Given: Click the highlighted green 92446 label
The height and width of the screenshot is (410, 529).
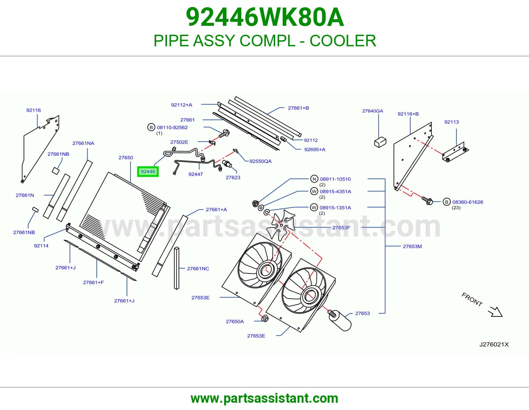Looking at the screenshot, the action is (148, 172).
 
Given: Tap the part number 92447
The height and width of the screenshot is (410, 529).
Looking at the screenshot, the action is (195, 174).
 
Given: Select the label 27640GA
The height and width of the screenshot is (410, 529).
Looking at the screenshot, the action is (373, 111).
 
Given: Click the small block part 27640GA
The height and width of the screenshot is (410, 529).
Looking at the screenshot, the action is (380, 142).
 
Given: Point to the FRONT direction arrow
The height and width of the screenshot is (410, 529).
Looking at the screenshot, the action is (495, 312).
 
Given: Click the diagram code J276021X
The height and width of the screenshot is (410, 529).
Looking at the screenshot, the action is (494, 345).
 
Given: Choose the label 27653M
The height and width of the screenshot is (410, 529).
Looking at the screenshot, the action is (412, 246).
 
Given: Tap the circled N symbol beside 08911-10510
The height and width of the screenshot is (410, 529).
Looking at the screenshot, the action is (314, 179).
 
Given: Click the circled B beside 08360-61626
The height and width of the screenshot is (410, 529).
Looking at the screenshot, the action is (446, 202).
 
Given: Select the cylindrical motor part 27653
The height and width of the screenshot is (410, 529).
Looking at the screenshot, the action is (340, 321).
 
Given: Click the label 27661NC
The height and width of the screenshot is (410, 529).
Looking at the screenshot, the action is (198, 268).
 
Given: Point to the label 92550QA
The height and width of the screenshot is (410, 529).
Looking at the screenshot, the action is (260, 161).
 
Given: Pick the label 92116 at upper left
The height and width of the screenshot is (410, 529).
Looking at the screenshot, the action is (34, 110).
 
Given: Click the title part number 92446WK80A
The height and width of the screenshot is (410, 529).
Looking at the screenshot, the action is (264, 17).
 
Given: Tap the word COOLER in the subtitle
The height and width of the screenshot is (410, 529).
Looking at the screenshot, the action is (343, 41).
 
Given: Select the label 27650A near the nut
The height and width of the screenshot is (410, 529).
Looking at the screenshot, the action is (235, 321).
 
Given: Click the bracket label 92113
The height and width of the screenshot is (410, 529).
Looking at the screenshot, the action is (451, 122).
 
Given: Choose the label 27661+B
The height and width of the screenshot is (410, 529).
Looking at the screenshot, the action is (298, 108).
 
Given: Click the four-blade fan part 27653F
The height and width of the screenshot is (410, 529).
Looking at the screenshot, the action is (280, 225).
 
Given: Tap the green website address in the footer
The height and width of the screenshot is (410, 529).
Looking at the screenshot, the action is (264, 398).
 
